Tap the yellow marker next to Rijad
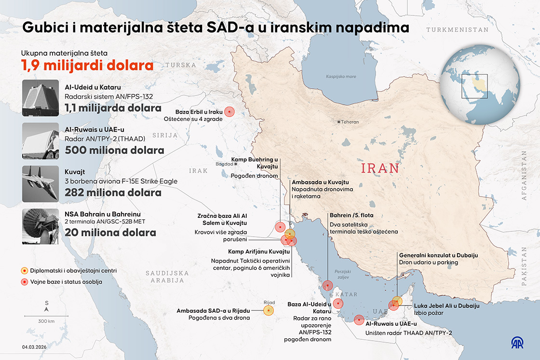pos(269,310)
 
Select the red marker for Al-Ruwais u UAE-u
pos(359,320)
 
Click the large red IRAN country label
pos(380,168)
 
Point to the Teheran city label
pos(350,122)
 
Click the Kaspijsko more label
pos(341,77)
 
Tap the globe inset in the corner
pos(480,87)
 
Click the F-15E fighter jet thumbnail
pos(40,184)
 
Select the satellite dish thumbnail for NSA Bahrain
pos(40,226)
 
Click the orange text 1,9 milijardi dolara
pos(87,65)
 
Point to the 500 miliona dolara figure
pos(114,150)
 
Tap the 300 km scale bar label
pos(46,321)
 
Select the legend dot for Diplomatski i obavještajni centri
pos(24,271)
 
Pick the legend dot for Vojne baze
pos(24,282)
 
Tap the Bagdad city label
pos(225,164)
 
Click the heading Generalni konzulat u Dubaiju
pos(438,255)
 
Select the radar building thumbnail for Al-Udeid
pos(40,98)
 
